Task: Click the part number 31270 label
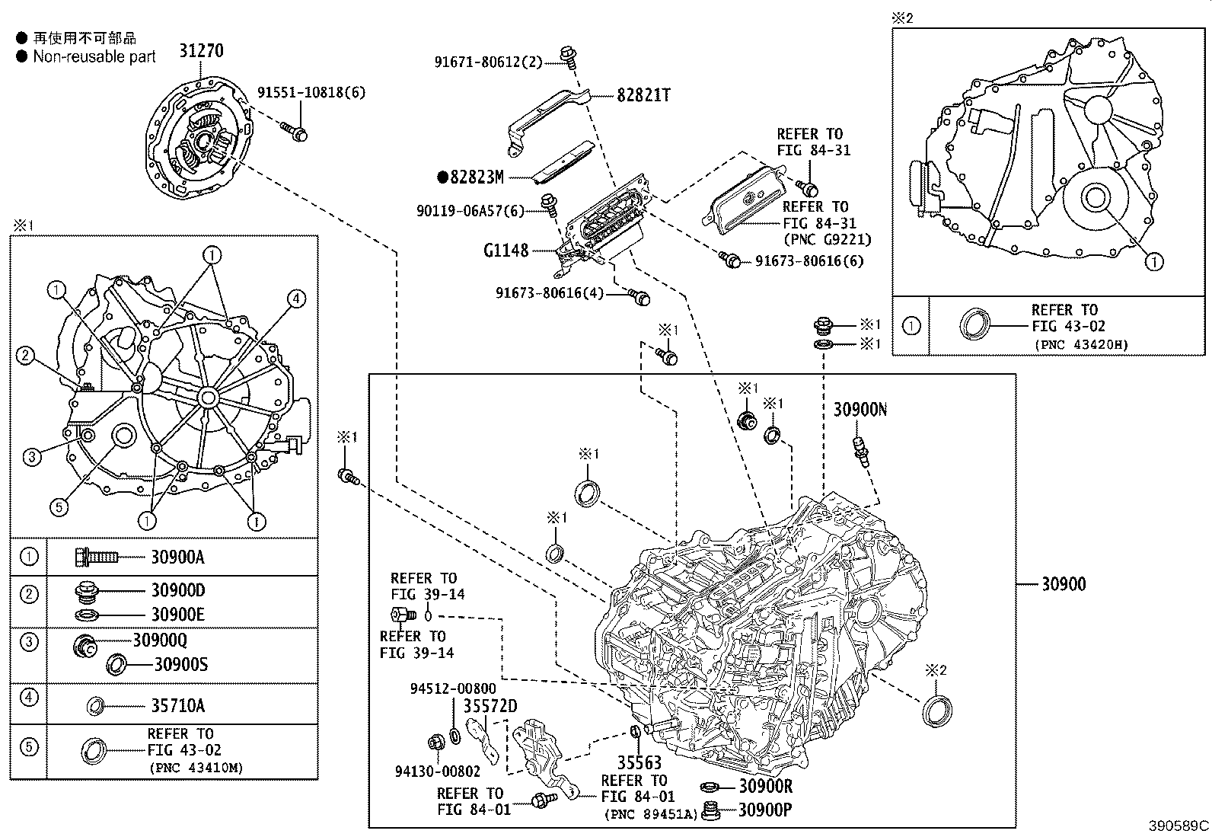coord(201,51)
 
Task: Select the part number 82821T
coord(643,95)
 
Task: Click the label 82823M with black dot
coord(477,177)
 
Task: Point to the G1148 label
coord(506,250)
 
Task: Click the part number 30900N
coord(860,410)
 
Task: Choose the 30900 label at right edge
coord(1064,584)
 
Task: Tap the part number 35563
coord(639,762)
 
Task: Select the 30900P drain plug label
coord(764,810)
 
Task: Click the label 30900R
coord(765,786)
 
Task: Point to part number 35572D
coord(490,706)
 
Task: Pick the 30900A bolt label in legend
coord(177,557)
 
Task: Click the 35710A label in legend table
coord(177,705)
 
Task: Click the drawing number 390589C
coord(1179,826)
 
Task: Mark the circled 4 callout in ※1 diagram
coord(296,299)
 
